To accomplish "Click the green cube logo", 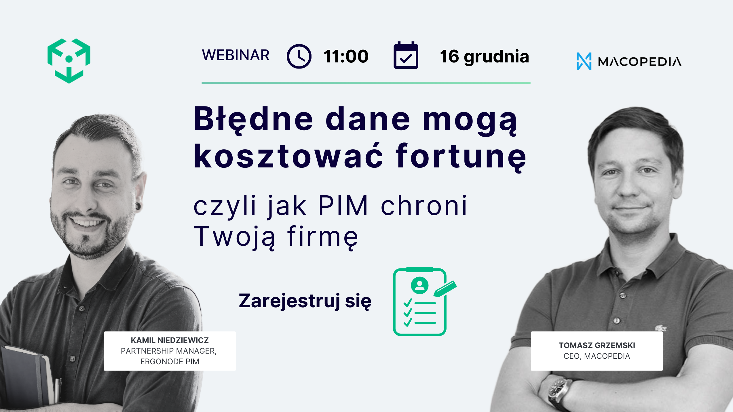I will [69, 61].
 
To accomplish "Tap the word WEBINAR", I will [236, 55].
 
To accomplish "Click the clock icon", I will [299, 56].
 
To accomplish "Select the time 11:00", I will [346, 56].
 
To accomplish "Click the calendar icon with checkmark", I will [406, 56].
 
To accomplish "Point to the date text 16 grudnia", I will [485, 56].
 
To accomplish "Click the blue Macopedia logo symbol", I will [584, 61].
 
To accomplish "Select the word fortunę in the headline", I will [461, 157].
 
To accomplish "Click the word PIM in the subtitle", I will [343, 205].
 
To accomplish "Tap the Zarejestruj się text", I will [305, 301].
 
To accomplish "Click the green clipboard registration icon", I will [419, 302].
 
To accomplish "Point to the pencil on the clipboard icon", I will [445, 288].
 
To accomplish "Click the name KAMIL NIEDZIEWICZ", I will [170, 340].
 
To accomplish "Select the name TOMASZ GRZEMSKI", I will [597, 345].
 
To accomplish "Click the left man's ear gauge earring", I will [138, 206].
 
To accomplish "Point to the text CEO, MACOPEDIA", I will [597, 356].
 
